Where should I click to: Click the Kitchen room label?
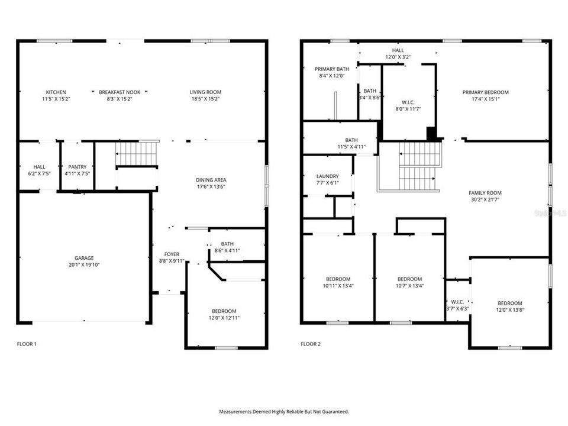point(56,92)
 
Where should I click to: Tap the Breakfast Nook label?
point(119,92)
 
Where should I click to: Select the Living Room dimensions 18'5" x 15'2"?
point(205,99)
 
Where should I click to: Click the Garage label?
point(84,258)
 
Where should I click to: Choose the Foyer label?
point(172,254)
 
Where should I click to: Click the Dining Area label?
point(211,180)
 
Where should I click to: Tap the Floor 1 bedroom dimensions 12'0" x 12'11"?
point(224,318)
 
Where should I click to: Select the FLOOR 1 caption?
point(27,344)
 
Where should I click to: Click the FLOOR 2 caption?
point(311,344)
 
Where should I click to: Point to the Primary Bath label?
point(331,69)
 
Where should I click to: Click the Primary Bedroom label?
point(485,92)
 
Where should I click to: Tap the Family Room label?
point(485,193)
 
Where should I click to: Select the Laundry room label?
point(327,176)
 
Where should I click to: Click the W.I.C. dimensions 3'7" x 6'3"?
point(457,308)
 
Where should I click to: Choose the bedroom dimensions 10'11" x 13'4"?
point(338,286)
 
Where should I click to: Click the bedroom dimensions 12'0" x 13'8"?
point(509,309)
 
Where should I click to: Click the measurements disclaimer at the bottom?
point(284,411)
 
